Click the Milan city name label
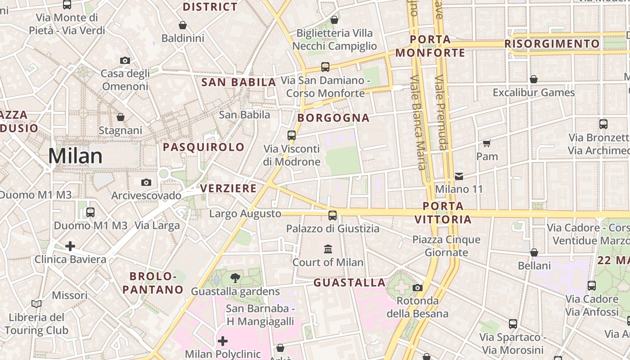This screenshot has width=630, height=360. pos(75,156)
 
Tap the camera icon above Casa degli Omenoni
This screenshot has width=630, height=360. pos(125,60)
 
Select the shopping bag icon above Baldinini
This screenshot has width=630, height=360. pos(183,25)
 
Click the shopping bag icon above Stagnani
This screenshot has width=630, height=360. pos(121,117)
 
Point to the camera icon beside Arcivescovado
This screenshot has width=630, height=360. pos(146,182)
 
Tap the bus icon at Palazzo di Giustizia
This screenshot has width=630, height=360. pos(333,216)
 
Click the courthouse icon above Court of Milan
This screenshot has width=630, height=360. pos(328,249)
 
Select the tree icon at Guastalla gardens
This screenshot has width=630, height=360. pos(235,278)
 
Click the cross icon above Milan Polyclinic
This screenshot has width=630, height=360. pos(223,341)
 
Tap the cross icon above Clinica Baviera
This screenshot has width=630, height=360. pos(70,246)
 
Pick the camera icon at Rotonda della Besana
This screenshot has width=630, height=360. pos(418,288)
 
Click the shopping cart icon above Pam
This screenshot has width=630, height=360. pos(486,144)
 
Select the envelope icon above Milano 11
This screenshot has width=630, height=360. pos(459,176)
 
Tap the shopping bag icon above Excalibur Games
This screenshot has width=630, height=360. pos(534,80)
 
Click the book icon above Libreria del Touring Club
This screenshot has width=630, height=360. pos(36,304)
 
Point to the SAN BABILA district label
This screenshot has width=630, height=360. pos(238,82)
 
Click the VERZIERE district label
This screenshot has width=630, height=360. pos(228,188)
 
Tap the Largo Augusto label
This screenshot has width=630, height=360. pos(245,214)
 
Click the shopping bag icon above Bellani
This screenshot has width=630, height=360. pos(534,252)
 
